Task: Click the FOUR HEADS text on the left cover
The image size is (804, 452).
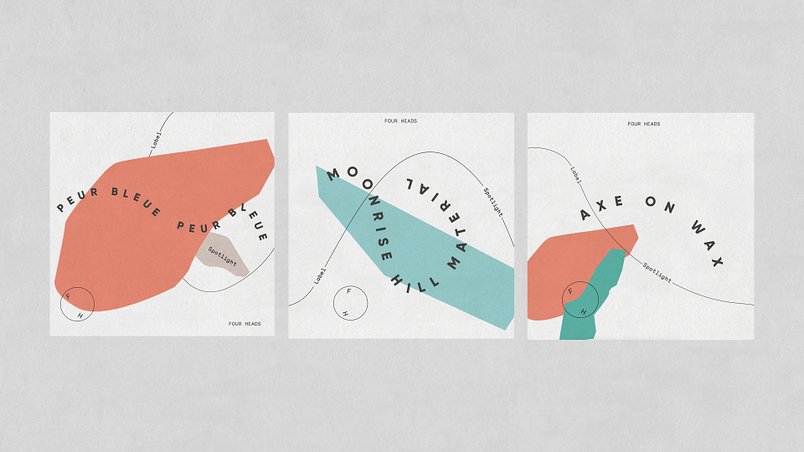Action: click(245, 324)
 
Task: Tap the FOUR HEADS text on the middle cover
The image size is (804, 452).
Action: click(400, 121)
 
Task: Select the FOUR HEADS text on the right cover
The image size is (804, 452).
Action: click(643, 124)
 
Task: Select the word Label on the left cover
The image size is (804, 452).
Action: click(156, 141)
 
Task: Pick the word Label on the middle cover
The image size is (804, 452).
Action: click(320, 275)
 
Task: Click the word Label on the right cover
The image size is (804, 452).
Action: click(576, 175)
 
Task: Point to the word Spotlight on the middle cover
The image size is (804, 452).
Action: click(493, 202)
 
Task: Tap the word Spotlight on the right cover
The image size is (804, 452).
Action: click(657, 273)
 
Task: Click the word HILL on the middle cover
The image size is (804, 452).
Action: click(415, 285)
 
